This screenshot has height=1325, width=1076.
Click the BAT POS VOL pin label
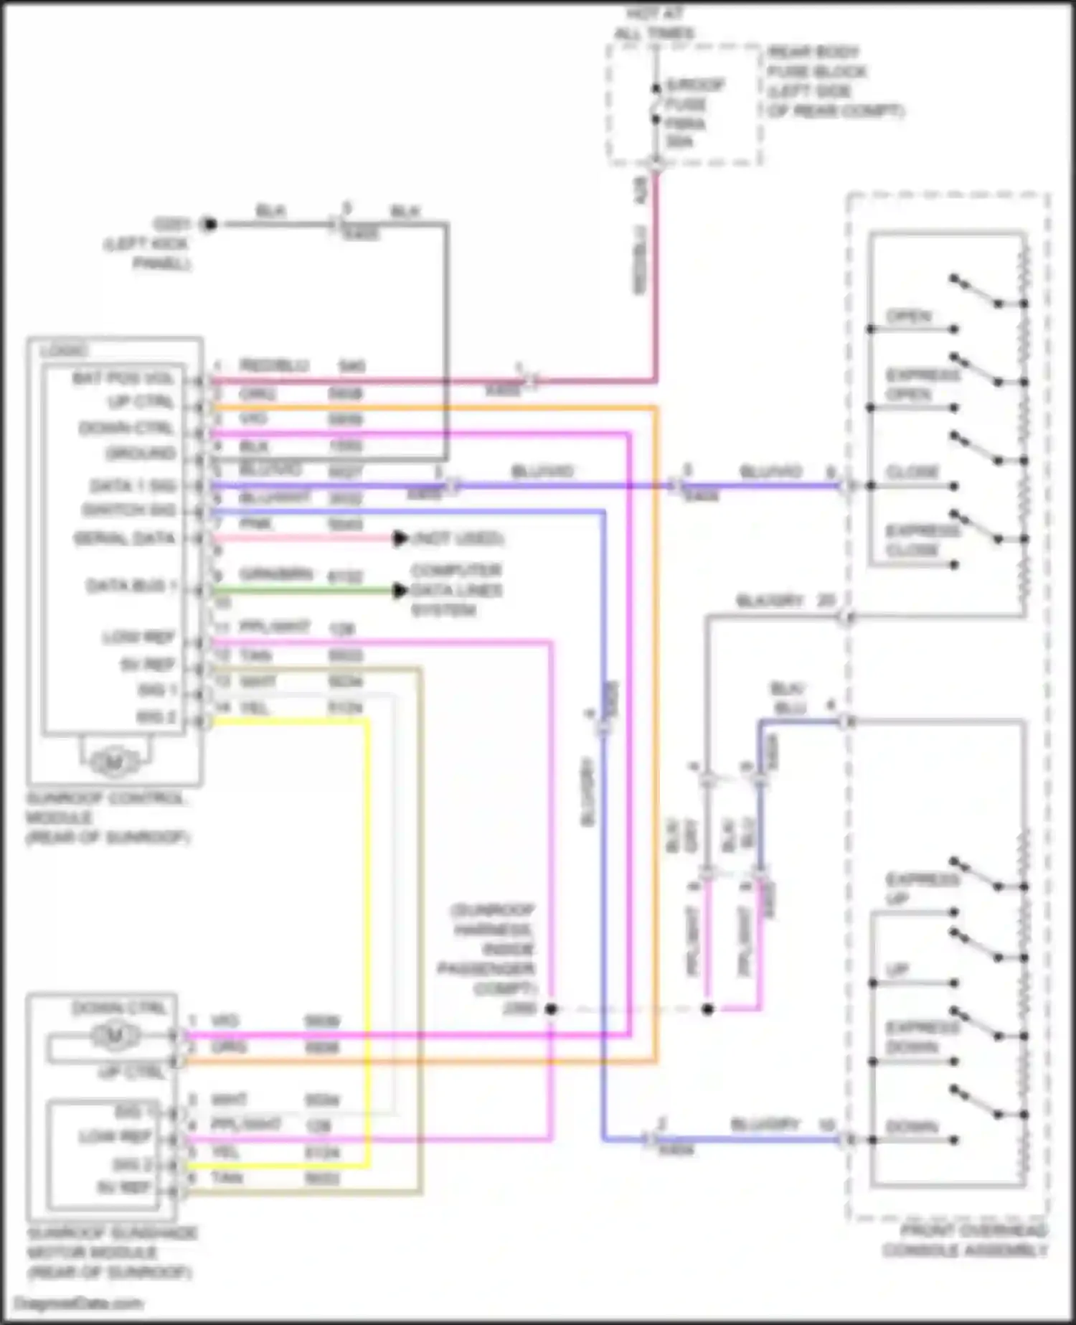pos(123,378)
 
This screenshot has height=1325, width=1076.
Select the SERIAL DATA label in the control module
pos(124,538)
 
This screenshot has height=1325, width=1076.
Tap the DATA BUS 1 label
pos(131,586)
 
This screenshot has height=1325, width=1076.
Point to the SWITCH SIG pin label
pos(128,511)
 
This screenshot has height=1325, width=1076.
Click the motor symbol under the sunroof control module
pos(113,763)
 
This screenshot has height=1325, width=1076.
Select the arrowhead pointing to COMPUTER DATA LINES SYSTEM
pos(400,591)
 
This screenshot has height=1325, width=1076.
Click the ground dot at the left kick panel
pos(209,225)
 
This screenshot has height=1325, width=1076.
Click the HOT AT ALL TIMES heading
pos(655,23)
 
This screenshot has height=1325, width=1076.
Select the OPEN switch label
pos(908,317)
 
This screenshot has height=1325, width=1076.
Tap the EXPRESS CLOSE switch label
pos(922,540)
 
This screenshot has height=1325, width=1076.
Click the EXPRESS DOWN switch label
pos(922,1037)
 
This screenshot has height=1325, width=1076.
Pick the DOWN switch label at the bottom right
pos(911,1128)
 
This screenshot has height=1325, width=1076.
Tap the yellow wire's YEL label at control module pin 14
pos(255,708)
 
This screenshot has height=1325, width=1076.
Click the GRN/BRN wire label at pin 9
pos(275,575)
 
